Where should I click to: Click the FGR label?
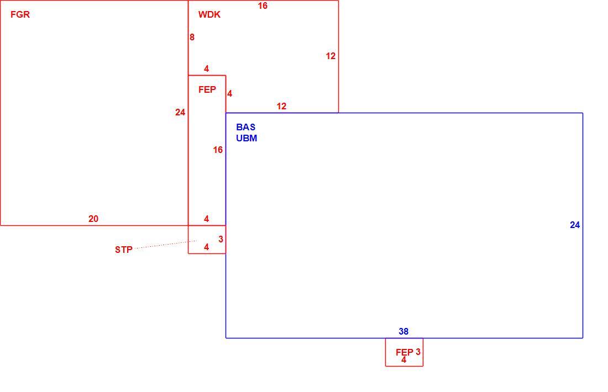click(x=20, y=15)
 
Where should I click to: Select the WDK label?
click(x=209, y=15)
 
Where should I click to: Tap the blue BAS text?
click(x=246, y=127)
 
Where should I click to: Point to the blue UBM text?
click(x=247, y=138)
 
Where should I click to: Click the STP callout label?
click(x=124, y=250)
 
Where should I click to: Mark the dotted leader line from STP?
click(x=166, y=245)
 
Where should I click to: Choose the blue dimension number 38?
click(x=403, y=332)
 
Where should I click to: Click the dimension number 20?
click(x=93, y=219)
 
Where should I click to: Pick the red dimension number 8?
click(x=192, y=37)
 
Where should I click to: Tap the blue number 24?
click(x=575, y=225)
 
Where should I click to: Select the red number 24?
click(x=180, y=112)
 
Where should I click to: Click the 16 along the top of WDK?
click(x=263, y=6)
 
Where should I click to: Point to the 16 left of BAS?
click(x=218, y=150)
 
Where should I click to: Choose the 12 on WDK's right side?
click(x=331, y=56)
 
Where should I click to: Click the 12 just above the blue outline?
click(x=281, y=106)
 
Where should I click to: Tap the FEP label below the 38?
click(x=405, y=352)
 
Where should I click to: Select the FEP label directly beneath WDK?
click(x=207, y=90)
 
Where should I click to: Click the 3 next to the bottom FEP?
click(x=418, y=352)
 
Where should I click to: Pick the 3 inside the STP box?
click(x=221, y=240)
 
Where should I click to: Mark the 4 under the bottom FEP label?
click(x=403, y=360)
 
